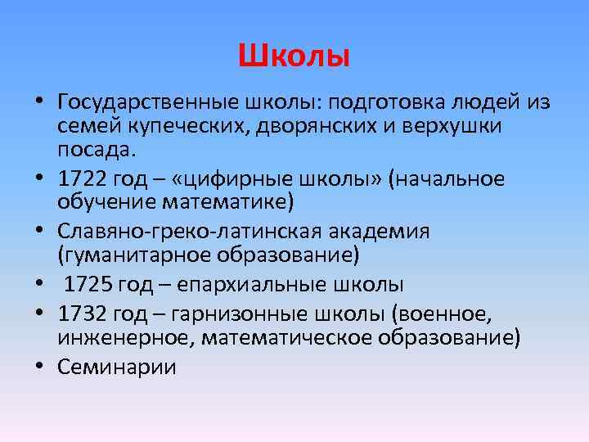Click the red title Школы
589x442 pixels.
pyautogui.click(x=294, y=56)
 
